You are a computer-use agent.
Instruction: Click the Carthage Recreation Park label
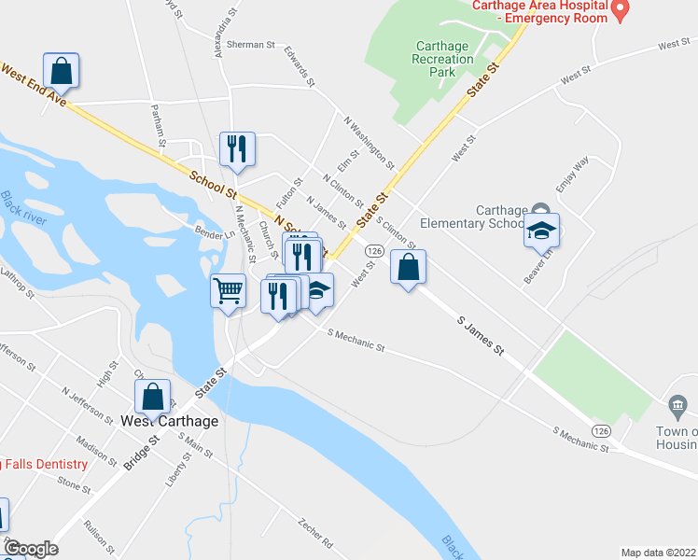(x=444, y=58)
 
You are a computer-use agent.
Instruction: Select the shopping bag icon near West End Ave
(x=61, y=70)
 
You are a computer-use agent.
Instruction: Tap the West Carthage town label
(x=170, y=421)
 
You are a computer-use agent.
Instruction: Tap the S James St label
(x=481, y=335)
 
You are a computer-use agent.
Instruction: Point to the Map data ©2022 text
(x=659, y=553)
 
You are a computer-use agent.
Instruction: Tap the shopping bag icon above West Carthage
(x=154, y=396)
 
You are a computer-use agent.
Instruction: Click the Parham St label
(x=156, y=125)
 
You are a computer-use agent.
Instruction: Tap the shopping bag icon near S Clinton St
(x=408, y=267)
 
